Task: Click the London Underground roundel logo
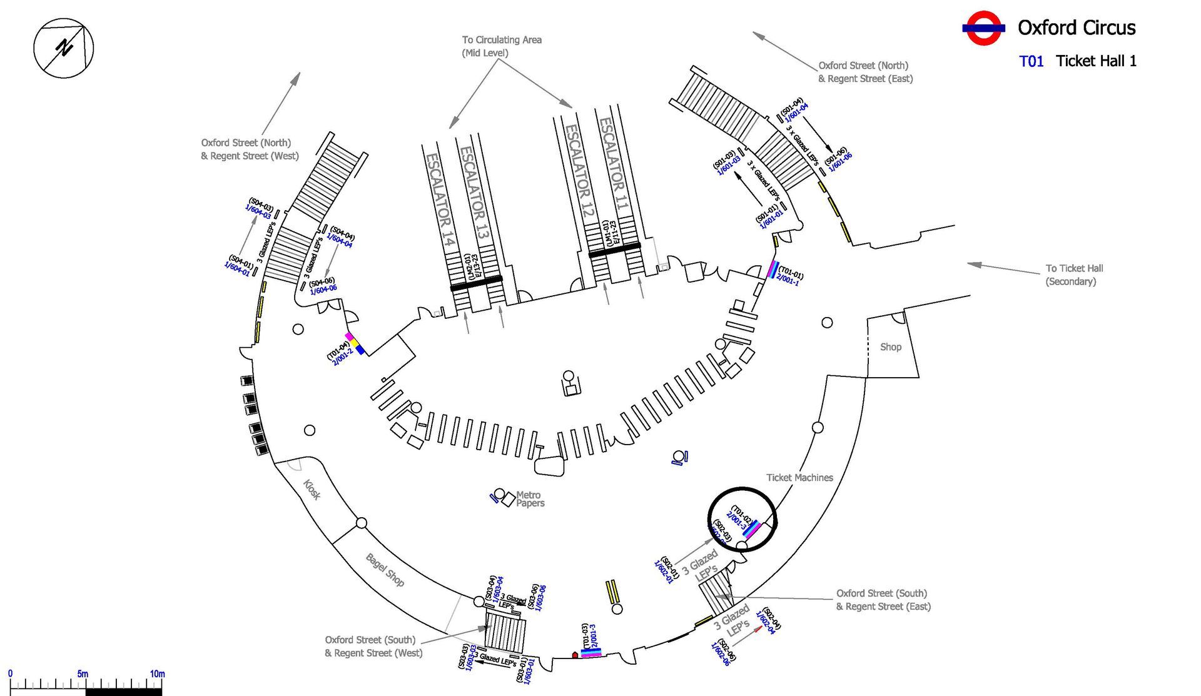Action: (x=983, y=28)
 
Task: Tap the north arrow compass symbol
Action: (x=63, y=48)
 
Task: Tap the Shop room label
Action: (x=891, y=347)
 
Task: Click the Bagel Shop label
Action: (x=385, y=570)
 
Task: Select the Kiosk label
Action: (x=312, y=490)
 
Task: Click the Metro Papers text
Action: (x=529, y=499)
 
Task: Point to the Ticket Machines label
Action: (x=799, y=478)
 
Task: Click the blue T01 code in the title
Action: (x=1031, y=61)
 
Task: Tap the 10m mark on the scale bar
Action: (x=157, y=674)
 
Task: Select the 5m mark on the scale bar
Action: (x=83, y=674)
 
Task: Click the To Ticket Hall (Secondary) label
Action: (x=1074, y=275)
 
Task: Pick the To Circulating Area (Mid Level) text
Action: (x=502, y=46)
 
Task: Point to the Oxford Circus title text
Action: (x=1076, y=28)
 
